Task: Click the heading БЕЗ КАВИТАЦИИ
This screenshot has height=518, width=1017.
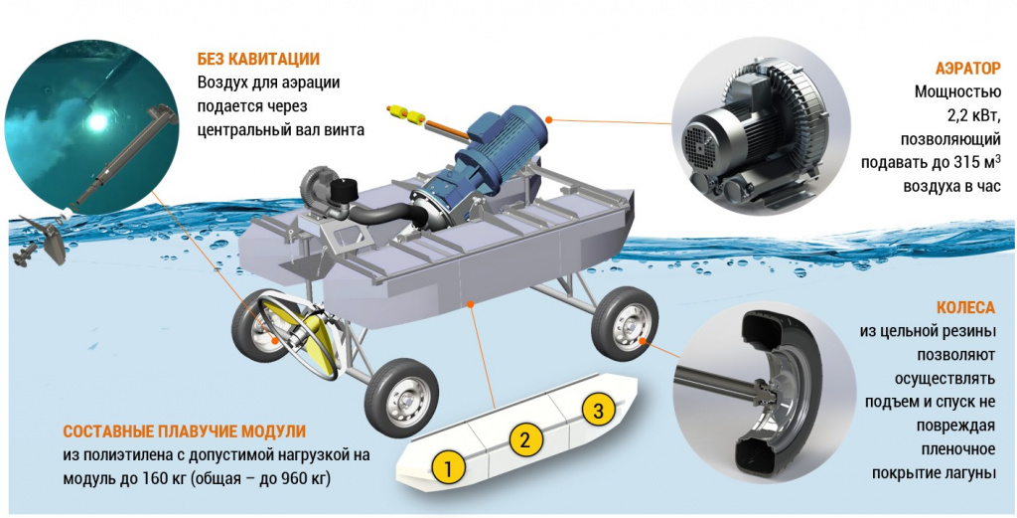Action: pyautogui.click(x=258, y=59)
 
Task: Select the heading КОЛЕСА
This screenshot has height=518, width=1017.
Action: pyautogui.click(x=965, y=307)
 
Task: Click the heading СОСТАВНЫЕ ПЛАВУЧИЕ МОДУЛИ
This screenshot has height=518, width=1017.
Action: pyautogui.click(x=184, y=432)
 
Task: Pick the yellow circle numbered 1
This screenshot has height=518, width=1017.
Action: pyautogui.click(x=450, y=466)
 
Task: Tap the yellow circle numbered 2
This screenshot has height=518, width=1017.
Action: pyautogui.click(x=525, y=439)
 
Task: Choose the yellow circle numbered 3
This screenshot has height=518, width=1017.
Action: pyautogui.click(x=598, y=409)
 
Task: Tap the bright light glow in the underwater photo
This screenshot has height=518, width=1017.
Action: pyautogui.click(x=98, y=119)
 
